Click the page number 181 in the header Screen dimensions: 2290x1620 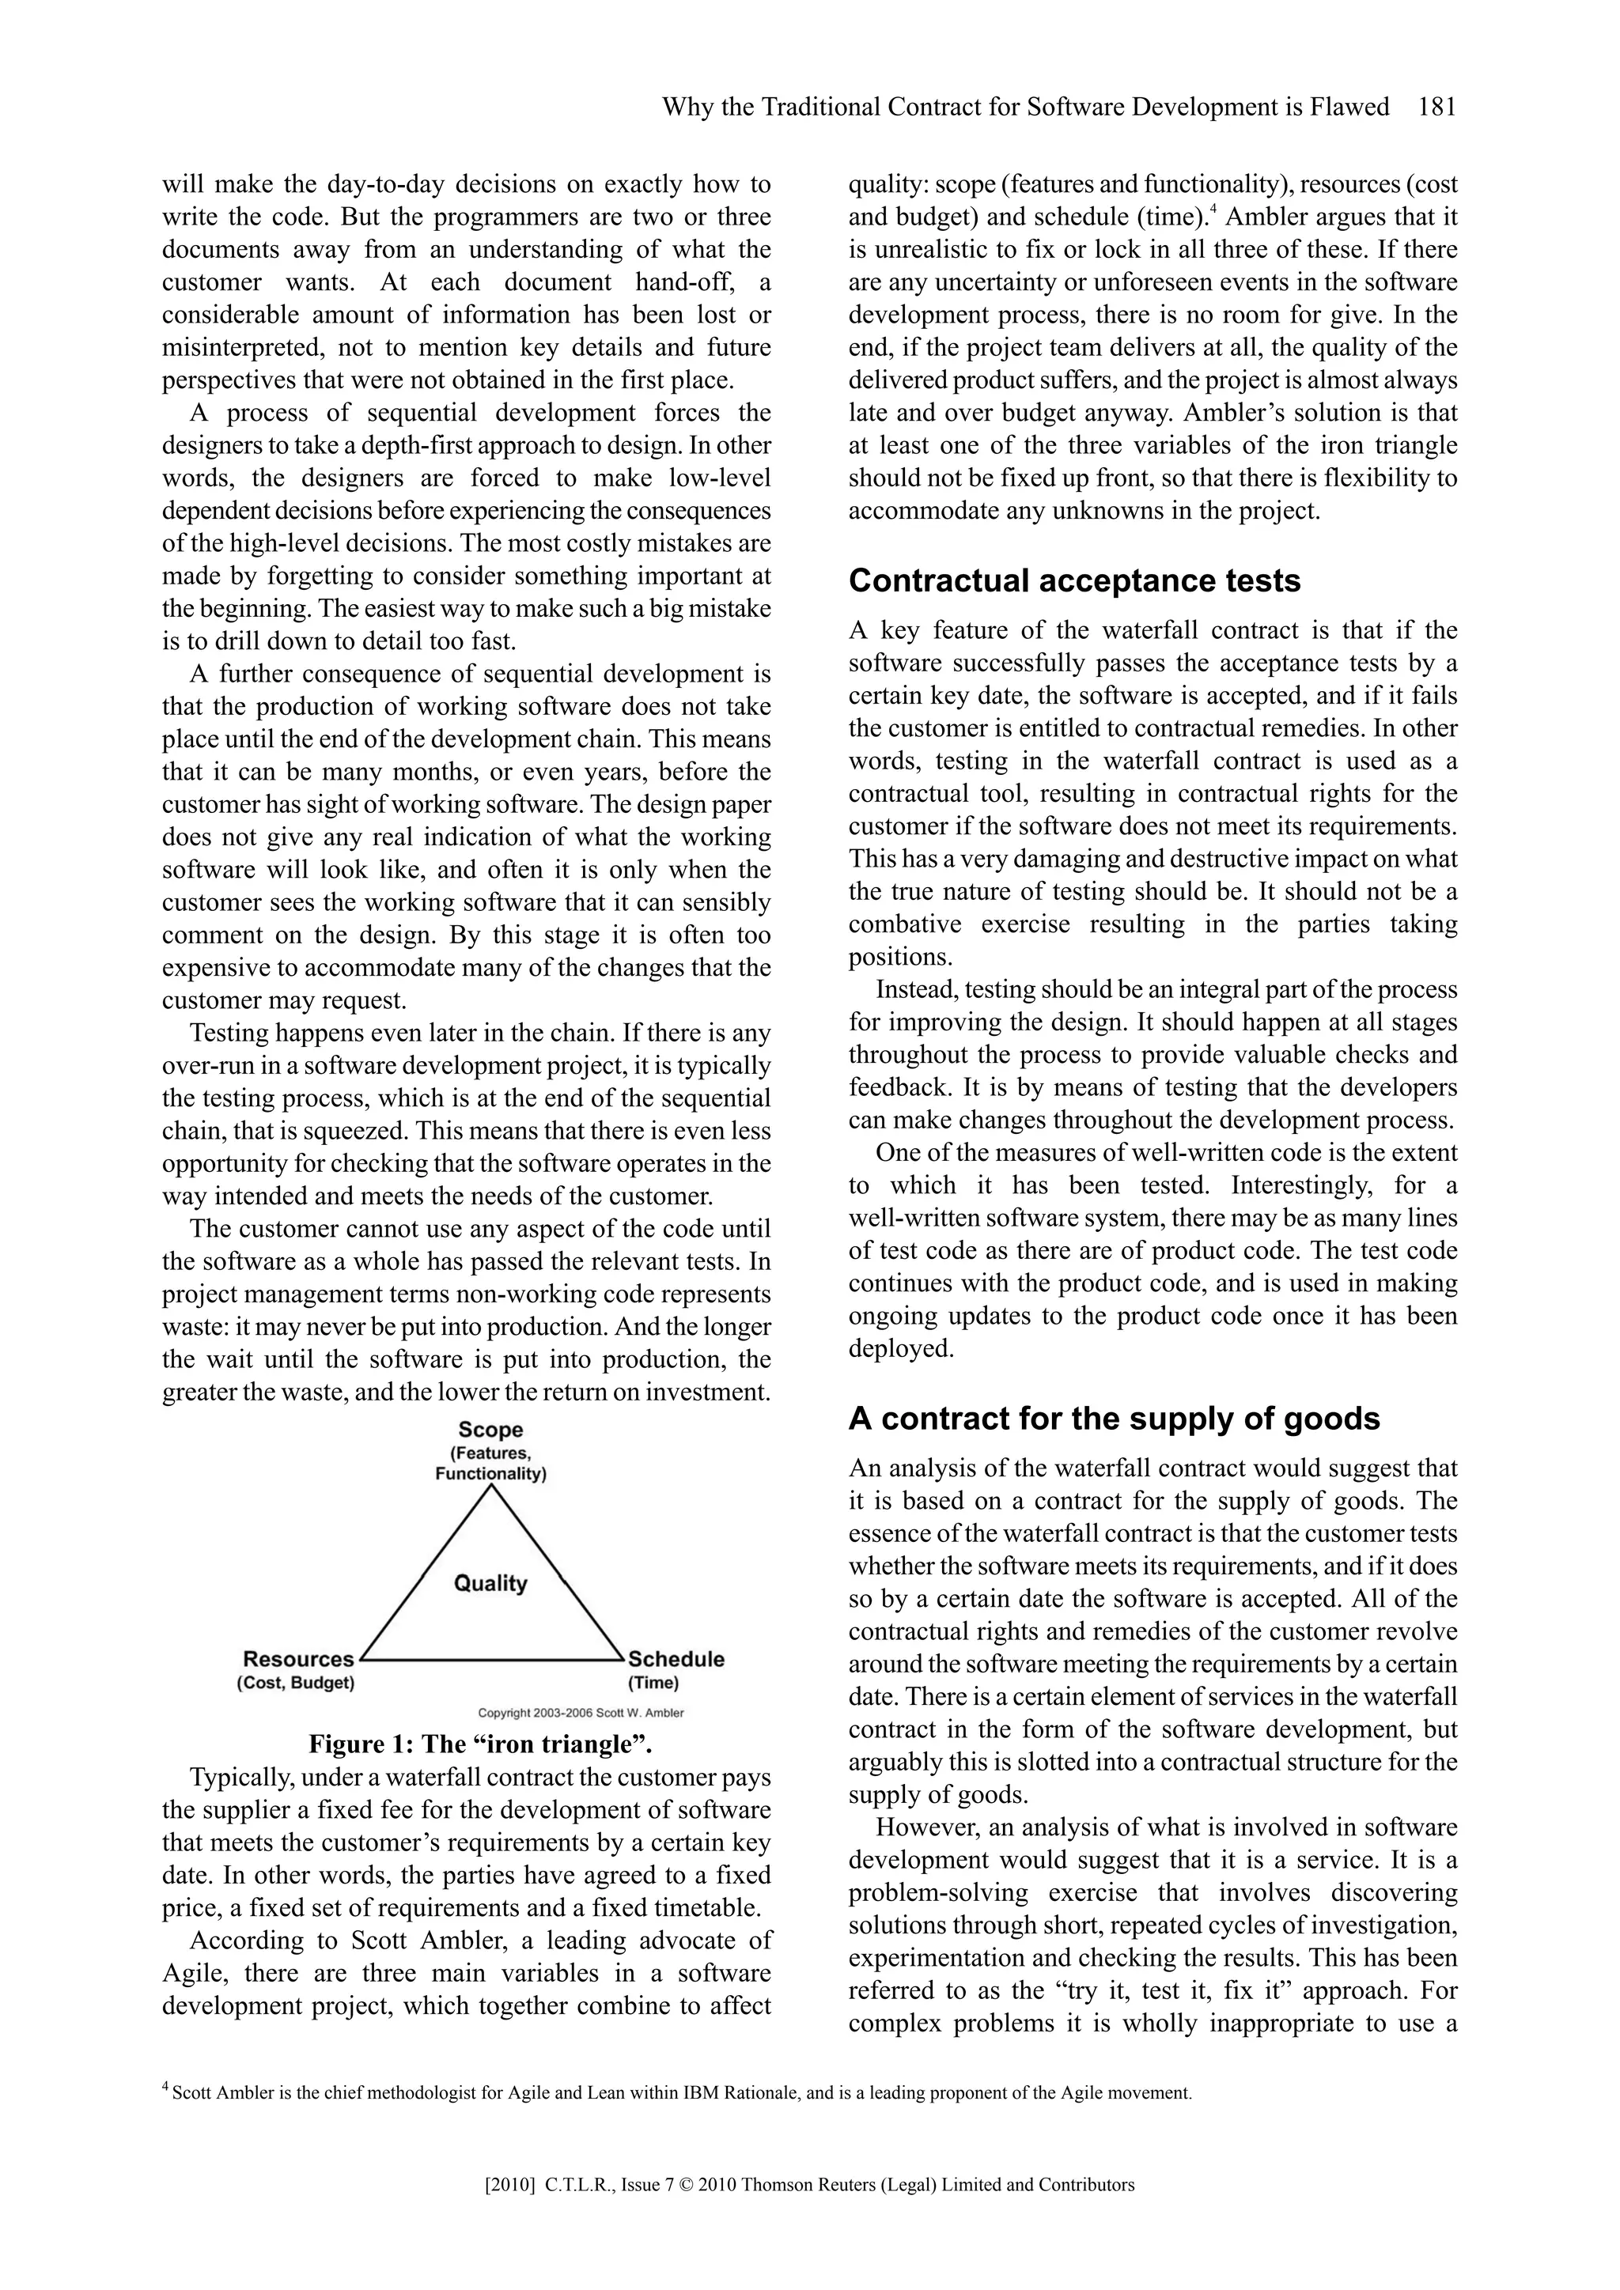(x=1436, y=107)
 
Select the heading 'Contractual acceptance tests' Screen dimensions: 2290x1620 (x=1074, y=580)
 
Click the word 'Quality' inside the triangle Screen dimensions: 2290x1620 (x=490, y=1583)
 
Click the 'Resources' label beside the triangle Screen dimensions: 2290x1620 (x=298, y=1659)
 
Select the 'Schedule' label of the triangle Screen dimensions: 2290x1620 (x=676, y=1660)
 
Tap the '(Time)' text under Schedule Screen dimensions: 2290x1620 (x=653, y=1683)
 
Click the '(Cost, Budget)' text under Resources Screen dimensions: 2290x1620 (x=295, y=1683)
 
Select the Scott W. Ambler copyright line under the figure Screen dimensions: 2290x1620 (x=581, y=1713)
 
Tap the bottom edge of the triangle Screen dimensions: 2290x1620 (x=490, y=1661)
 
